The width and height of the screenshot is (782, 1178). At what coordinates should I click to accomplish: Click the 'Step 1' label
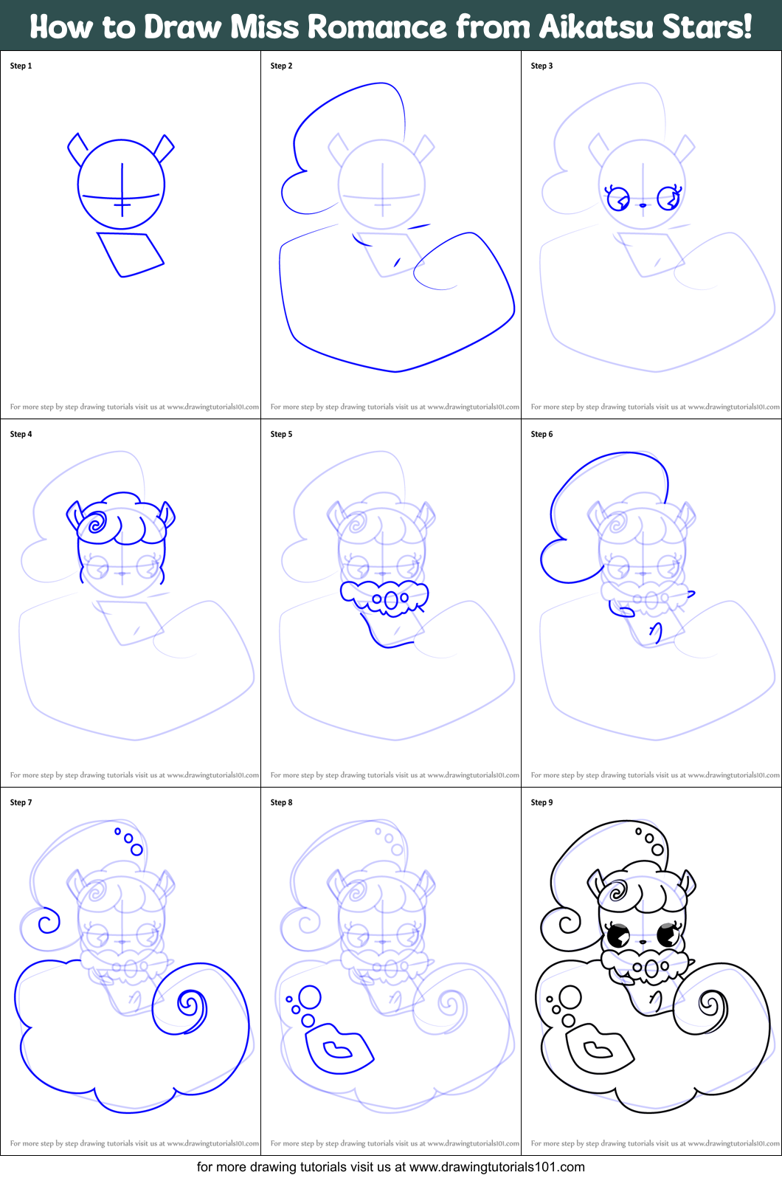(21, 66)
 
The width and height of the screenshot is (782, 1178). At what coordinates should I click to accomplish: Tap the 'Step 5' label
(281, 434)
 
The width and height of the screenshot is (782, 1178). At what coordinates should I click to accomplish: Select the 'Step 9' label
(541, 802)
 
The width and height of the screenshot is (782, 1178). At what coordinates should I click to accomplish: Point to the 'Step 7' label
(21, 802)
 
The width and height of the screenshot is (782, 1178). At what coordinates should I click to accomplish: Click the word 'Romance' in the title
(376, 27)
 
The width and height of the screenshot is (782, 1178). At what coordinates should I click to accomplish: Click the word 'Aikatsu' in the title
(596, 27)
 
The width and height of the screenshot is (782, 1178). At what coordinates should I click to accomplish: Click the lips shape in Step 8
(339, 1048)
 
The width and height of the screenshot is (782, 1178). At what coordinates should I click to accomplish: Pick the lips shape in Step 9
(599, 1048)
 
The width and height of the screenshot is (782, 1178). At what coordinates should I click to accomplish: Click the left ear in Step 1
(77, 148)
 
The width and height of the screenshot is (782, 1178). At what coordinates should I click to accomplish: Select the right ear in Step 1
(165, 148)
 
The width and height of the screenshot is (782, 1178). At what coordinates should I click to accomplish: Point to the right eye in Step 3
(668, 198)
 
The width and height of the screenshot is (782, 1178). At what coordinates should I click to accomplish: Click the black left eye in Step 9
(617, 936)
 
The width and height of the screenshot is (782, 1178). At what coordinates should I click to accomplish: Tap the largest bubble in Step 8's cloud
(310, 997)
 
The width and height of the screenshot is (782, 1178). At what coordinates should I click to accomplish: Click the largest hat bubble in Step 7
(136, 850)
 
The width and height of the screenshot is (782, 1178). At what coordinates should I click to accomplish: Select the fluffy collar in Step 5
(384, 596)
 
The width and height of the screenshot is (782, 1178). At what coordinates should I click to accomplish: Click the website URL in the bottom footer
(496, 1167)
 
